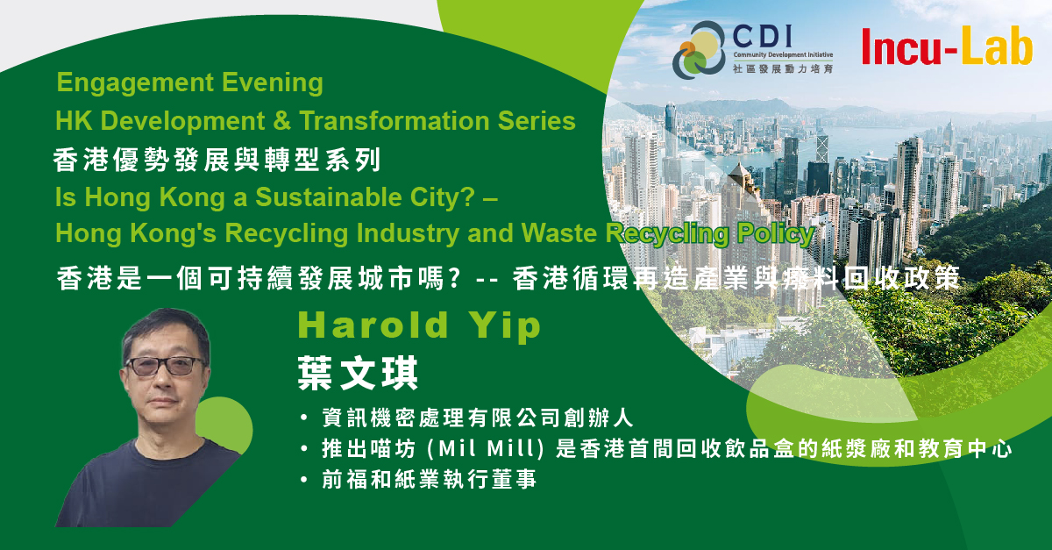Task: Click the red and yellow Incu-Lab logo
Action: click(x=948, y=46)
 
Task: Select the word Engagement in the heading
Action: click(x=135, y=83)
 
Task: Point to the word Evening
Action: click(x=273, y=83)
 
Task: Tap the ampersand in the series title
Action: click(x=281, y=121)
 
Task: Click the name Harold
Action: click(x=373, y=325)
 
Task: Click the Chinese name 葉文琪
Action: click(x=358, y=374)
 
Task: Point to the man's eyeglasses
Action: click(x=166, y=366)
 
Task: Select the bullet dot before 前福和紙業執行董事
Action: click(x=304, y=480)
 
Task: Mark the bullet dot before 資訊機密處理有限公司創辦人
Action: click(x=304, y=418)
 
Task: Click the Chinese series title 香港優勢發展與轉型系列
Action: click(x=217, y=160)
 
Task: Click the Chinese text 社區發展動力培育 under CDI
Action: click(x=782, y=69)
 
